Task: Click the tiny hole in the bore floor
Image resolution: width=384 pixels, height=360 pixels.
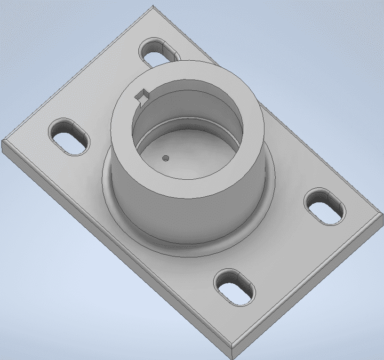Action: pos(165,158)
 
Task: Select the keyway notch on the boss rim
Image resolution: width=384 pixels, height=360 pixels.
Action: pos(141,96)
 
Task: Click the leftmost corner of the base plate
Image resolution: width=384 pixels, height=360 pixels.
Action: pos(3,141)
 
